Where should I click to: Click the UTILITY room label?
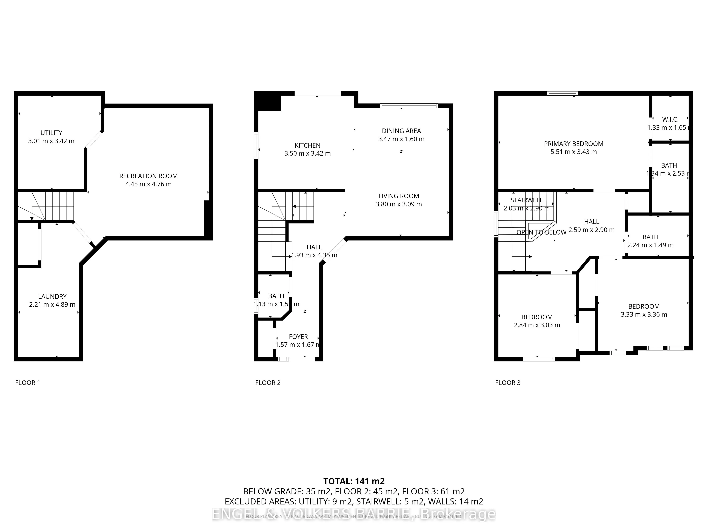click(x=51, y=133)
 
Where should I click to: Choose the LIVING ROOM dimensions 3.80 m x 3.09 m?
click(x=398, y=204)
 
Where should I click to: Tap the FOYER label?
click(x=298, y=337)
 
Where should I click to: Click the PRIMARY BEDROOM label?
click(x=574, y=144)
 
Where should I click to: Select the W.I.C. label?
click(x=670, y=119)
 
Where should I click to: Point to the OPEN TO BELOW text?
click(x=541, y=232)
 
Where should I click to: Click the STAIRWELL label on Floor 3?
click(x=527, y=200)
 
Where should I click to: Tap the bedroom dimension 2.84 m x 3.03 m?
click(x=537, y=325)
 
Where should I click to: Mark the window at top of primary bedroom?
click(x=562, y=93)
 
